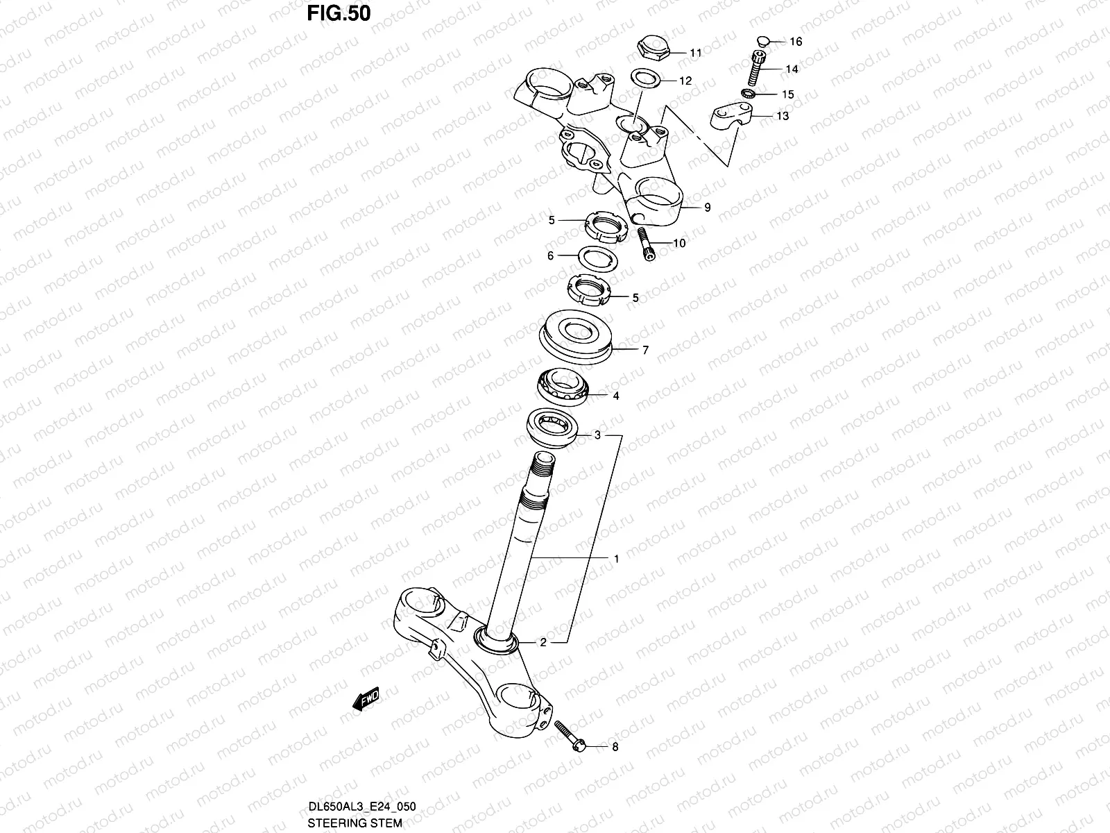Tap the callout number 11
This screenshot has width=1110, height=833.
pos(696,53)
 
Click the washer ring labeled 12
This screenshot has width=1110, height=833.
pos(645,78)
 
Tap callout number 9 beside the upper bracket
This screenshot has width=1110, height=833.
pos(707,207)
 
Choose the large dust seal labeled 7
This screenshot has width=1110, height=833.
pos(577,335)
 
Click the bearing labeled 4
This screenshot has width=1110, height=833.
pos(561,386)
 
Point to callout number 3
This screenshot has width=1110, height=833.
pos(597,436)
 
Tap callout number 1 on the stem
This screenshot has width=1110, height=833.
pos(616,558)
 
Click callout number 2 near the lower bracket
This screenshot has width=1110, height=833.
pos(543,642)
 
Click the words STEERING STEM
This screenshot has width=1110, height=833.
pos(355,823)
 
